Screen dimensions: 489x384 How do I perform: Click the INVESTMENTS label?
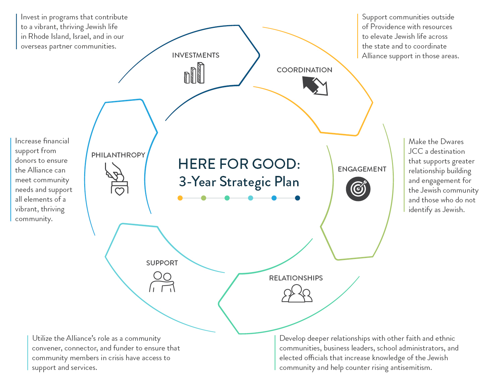196,55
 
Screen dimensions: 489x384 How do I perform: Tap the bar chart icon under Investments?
194,73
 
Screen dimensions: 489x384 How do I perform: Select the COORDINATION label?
304,70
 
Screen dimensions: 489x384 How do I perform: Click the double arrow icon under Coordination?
315,86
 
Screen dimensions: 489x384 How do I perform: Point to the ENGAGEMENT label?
362,169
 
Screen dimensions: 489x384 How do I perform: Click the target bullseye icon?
358,189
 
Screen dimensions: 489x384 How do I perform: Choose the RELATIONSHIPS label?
296,278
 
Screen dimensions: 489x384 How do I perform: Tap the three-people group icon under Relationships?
297,293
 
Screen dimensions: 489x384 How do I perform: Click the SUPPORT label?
162,263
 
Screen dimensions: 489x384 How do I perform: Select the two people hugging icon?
162,282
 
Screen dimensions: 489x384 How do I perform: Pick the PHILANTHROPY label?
118,155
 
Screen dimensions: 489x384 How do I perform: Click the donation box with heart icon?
117,179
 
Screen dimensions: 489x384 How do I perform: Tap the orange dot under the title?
180,198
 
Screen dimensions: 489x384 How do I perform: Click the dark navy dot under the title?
297,198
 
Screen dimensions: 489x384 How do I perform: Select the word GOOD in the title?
277,164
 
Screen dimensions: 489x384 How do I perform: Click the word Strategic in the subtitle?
245,182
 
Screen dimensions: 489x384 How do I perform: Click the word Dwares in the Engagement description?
452,142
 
